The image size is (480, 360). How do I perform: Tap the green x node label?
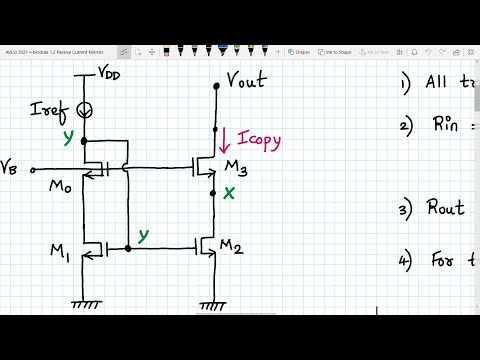point(231,194)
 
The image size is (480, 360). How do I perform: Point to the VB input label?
point(12,166)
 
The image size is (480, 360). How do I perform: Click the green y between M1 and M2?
point(144,235)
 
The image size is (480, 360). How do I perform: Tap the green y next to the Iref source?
point(68,137)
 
